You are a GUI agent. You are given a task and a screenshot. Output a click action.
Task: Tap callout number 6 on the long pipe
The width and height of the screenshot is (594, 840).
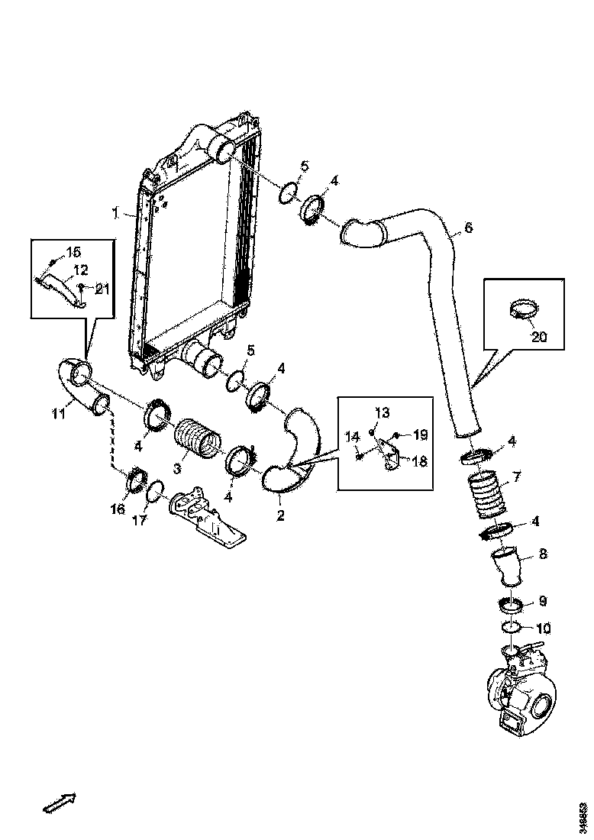468,228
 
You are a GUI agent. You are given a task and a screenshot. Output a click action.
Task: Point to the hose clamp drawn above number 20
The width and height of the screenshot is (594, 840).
521,309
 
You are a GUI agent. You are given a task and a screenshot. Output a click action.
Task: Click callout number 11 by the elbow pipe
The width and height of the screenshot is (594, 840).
59,415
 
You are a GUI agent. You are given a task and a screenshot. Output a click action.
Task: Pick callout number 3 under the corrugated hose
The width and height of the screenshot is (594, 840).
176,467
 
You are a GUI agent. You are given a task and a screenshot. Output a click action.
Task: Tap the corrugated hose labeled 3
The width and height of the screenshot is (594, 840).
199,439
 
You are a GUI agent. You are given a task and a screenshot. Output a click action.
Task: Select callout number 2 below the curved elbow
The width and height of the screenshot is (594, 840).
280,515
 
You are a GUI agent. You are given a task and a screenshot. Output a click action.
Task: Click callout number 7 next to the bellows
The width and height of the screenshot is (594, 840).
516,477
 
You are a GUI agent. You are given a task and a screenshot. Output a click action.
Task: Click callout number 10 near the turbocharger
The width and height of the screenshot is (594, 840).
543,629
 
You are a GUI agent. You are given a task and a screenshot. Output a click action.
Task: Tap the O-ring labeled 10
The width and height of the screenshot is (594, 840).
513,628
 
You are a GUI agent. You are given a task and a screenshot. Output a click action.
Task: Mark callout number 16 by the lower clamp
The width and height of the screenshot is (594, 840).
118,509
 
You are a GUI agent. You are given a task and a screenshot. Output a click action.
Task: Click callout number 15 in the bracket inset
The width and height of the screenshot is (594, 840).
73,252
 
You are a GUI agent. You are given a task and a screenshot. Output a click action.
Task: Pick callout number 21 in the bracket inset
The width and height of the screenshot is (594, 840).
102,287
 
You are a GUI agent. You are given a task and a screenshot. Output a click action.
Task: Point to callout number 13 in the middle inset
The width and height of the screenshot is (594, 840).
382,412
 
